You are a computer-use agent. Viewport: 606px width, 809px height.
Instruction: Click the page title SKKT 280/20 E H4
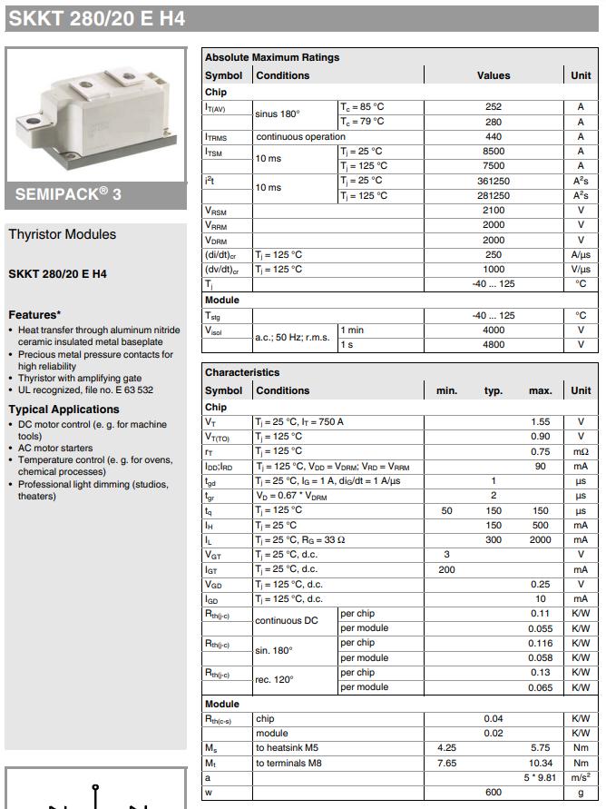tap(97, 17)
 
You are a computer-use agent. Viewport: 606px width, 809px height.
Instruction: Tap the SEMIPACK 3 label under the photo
tap(69, 193)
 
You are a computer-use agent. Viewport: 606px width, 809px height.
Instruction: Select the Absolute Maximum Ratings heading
tap(272, 57)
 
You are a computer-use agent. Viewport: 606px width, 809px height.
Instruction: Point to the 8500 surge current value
tap(494, 152)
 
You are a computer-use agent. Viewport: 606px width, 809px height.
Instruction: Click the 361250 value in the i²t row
tap(494, 181)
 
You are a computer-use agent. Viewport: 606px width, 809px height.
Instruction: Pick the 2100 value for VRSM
tap(494, 211)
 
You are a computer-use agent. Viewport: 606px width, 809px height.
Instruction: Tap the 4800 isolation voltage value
tap(494, 345)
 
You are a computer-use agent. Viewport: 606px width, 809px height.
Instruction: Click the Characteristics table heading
tap(242, 372)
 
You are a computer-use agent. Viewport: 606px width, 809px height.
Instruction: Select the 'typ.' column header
tap(494, 390)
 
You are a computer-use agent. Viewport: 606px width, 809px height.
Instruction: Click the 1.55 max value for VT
tap(541, 421)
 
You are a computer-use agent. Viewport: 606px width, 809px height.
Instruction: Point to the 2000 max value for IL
tap(541, 540)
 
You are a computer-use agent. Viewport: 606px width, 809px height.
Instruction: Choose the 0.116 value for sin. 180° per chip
tap(541, 643)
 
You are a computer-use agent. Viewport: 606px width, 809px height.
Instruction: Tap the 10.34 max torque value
tap(541, 763)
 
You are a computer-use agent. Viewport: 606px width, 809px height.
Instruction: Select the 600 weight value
tap(494, 793)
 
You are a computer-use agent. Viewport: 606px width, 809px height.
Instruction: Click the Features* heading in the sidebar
tap(34, 315)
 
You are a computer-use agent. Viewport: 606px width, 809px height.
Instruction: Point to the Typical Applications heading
tap(64, 409)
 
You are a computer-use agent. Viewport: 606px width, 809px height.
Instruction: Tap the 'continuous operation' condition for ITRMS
tap(300, 136)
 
